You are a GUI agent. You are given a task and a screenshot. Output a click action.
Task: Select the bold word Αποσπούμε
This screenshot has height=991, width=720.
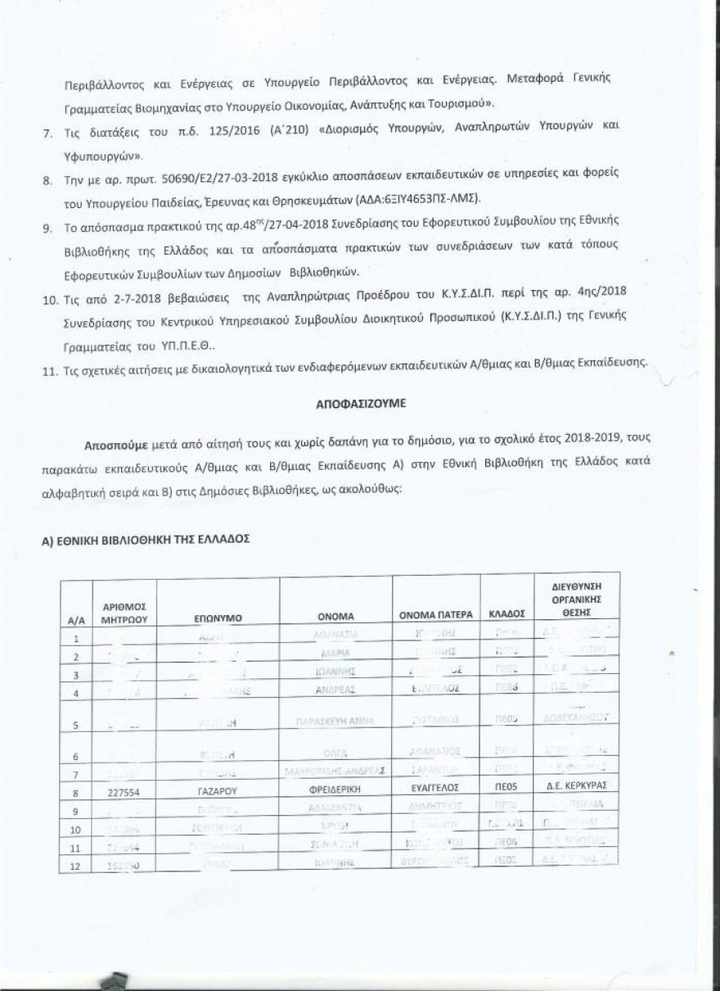[115, 444]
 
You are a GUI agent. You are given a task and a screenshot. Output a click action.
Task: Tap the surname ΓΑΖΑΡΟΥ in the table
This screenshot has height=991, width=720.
[218, 793]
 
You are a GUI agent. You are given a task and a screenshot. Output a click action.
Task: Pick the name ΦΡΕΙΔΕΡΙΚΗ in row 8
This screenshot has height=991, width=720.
[335, 793]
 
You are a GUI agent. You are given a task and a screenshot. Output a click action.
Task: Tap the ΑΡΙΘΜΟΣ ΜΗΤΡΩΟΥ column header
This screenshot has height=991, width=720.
[124, 612]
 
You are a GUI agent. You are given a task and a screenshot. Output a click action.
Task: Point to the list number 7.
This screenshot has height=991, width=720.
[47, 133]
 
